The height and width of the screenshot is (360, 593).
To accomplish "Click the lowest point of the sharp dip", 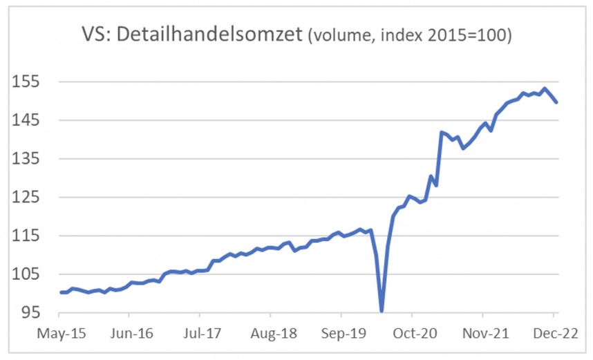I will coord(382,310).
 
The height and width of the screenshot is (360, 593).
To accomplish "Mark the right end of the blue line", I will coord(557,102).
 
